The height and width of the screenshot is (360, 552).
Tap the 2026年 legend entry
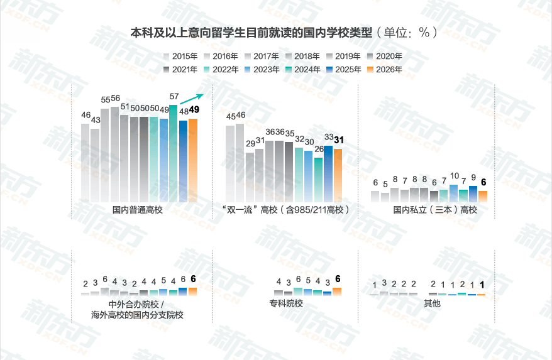[385, 70]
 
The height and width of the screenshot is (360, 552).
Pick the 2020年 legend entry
[385, 56]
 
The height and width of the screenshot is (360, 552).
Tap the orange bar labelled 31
[338, 175]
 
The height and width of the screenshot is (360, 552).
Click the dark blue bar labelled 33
[328, 173]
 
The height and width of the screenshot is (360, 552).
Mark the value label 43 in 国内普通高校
[96, 120]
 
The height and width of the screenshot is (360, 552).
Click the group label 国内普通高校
[138, 210]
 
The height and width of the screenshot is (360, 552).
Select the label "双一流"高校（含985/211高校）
[285, 210]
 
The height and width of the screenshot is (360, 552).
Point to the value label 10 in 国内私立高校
[454, 177]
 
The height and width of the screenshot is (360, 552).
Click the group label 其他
[432, 303]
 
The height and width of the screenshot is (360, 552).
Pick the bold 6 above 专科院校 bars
[338, 279]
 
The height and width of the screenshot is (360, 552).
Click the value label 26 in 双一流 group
[319, 149]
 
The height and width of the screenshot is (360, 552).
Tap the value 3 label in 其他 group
[384, 283]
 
